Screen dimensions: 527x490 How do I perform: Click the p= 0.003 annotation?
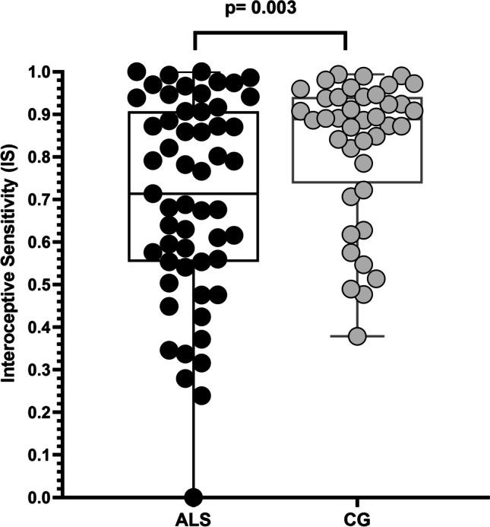(270, 10)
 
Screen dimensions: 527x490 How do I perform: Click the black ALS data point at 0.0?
(194, 497)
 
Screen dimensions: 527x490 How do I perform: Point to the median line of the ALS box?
(152, 194)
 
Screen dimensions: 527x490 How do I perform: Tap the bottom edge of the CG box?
(319, 183)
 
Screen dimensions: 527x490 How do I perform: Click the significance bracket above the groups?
(270, 32)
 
